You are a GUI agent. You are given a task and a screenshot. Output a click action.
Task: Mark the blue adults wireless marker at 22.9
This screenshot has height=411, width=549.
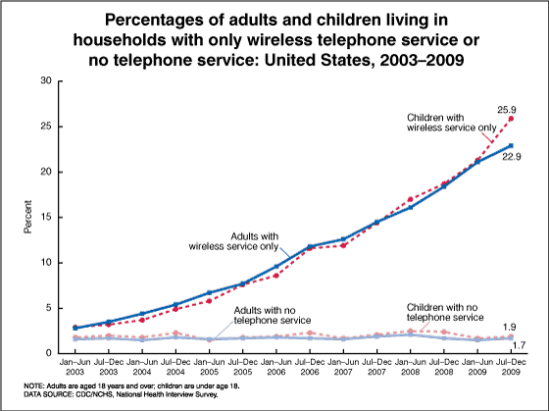pyautogui.click(x=511, y=146)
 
